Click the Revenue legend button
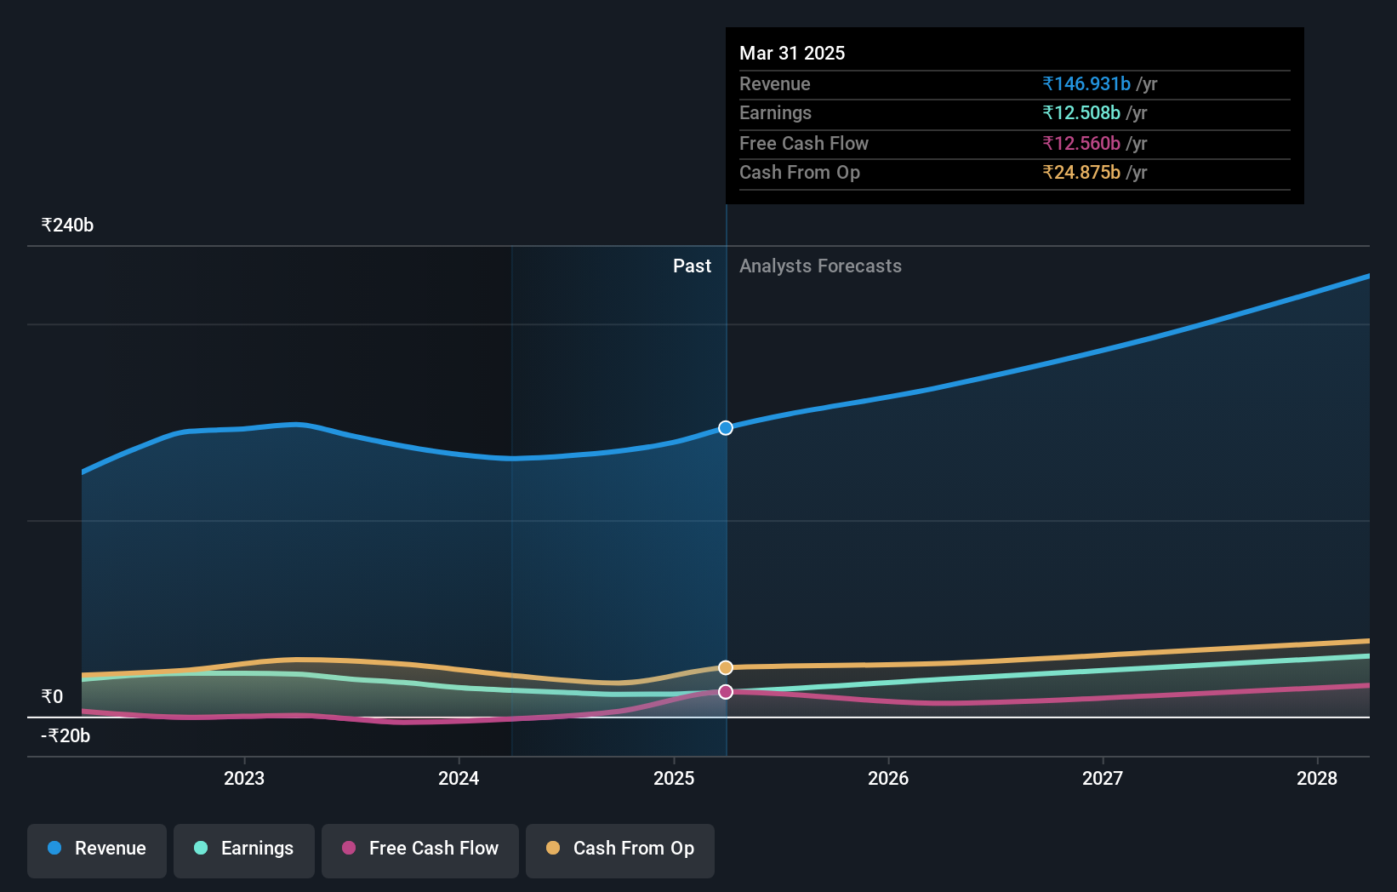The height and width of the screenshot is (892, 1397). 97,849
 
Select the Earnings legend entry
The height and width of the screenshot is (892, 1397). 244,849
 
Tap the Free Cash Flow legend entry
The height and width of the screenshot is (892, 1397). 420,849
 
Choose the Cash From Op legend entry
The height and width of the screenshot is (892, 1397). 620,849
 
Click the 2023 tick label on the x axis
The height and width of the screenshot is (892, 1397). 244,778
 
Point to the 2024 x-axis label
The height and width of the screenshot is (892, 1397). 459,778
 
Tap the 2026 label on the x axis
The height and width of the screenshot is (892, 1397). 888,778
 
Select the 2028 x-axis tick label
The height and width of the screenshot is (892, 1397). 1317,778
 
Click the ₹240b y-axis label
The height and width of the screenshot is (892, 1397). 67,226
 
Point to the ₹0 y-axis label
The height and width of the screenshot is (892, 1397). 53,697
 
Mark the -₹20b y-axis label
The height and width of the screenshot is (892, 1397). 66,736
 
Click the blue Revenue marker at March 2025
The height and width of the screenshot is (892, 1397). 726,428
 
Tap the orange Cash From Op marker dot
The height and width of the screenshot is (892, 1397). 726,667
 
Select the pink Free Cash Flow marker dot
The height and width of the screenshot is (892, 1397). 726,692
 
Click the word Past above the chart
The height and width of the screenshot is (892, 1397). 692,266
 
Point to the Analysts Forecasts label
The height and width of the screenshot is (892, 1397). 820,266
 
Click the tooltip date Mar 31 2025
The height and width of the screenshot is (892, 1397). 792,54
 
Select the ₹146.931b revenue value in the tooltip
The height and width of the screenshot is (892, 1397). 1086,84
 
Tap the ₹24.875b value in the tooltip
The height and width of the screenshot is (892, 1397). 1081,173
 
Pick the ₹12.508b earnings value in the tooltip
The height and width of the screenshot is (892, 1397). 1081,113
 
